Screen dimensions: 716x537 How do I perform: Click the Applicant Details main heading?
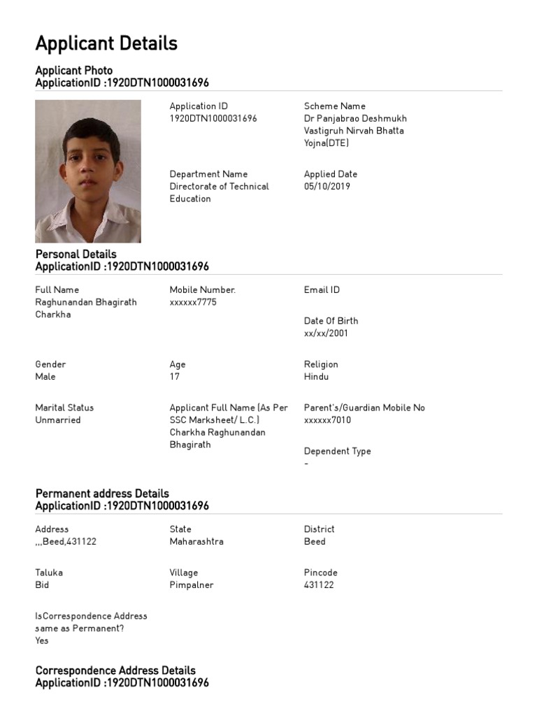point(106,43)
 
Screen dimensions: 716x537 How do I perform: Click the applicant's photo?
point(87,171)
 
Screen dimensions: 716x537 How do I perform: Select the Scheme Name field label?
point(334,106)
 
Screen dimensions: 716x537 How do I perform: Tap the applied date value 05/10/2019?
point(327,187)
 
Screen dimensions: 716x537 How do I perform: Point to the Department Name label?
point(208,174)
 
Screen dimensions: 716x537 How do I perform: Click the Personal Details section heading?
point(76,254)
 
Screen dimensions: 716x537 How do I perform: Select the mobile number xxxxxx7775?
point(193,302)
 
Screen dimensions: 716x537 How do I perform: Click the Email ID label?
point(322,289)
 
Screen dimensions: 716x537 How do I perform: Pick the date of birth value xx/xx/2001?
point(326,333)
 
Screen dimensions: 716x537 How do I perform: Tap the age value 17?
point(175,376)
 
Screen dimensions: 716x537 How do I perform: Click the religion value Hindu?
point(316,376)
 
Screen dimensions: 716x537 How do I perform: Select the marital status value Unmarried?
point(58,420)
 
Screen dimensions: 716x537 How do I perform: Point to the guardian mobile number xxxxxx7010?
point(327,420)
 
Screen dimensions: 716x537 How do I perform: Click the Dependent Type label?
point(337,451)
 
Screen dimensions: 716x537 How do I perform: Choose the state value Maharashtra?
point(196,541)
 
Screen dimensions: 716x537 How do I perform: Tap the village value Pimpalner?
point(192,585)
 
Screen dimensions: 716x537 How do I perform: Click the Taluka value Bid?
point(42,585)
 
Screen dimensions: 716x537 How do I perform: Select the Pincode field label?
point(320,573)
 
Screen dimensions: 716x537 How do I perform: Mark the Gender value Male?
point(45,376)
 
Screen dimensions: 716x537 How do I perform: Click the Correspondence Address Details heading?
point(115,671)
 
